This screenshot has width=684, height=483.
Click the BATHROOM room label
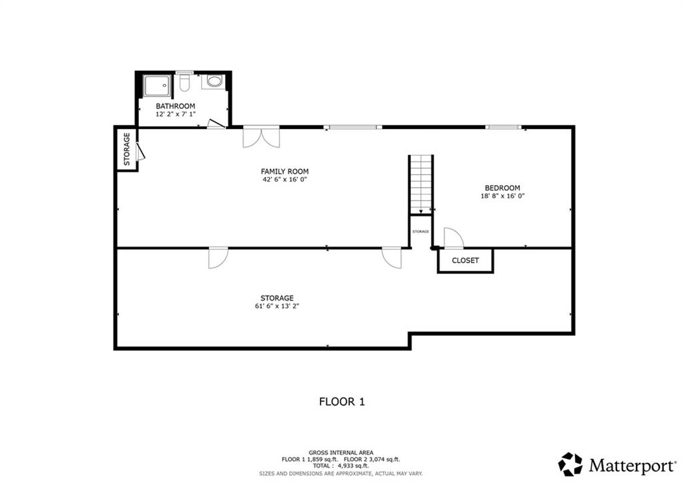[x=175, y=106]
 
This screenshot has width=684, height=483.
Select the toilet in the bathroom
[x=185, y=82]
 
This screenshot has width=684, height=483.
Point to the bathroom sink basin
[x=214, y=82]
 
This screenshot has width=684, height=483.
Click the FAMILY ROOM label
[x=285, y=172]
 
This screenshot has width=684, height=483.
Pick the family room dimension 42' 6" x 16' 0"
[x=285, y=180]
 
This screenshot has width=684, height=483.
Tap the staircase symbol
[x=421, y=184]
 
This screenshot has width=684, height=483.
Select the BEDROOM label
[x=502, y=188]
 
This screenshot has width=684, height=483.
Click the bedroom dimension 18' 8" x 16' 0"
[x=502, y=196]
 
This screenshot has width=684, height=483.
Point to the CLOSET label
[x=465, y=261]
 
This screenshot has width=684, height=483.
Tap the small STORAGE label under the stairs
[x=421, y=232]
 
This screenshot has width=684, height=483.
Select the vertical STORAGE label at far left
[x=127, y=149]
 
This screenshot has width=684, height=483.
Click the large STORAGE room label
[x=277, y=298]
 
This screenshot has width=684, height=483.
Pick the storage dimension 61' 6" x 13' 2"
[x=277, y=307]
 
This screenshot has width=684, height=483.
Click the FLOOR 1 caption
[x=341, y=402]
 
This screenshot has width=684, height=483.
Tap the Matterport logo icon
[x=570, y=464]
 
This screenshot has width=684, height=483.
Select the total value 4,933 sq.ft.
[x=352, y=466]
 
